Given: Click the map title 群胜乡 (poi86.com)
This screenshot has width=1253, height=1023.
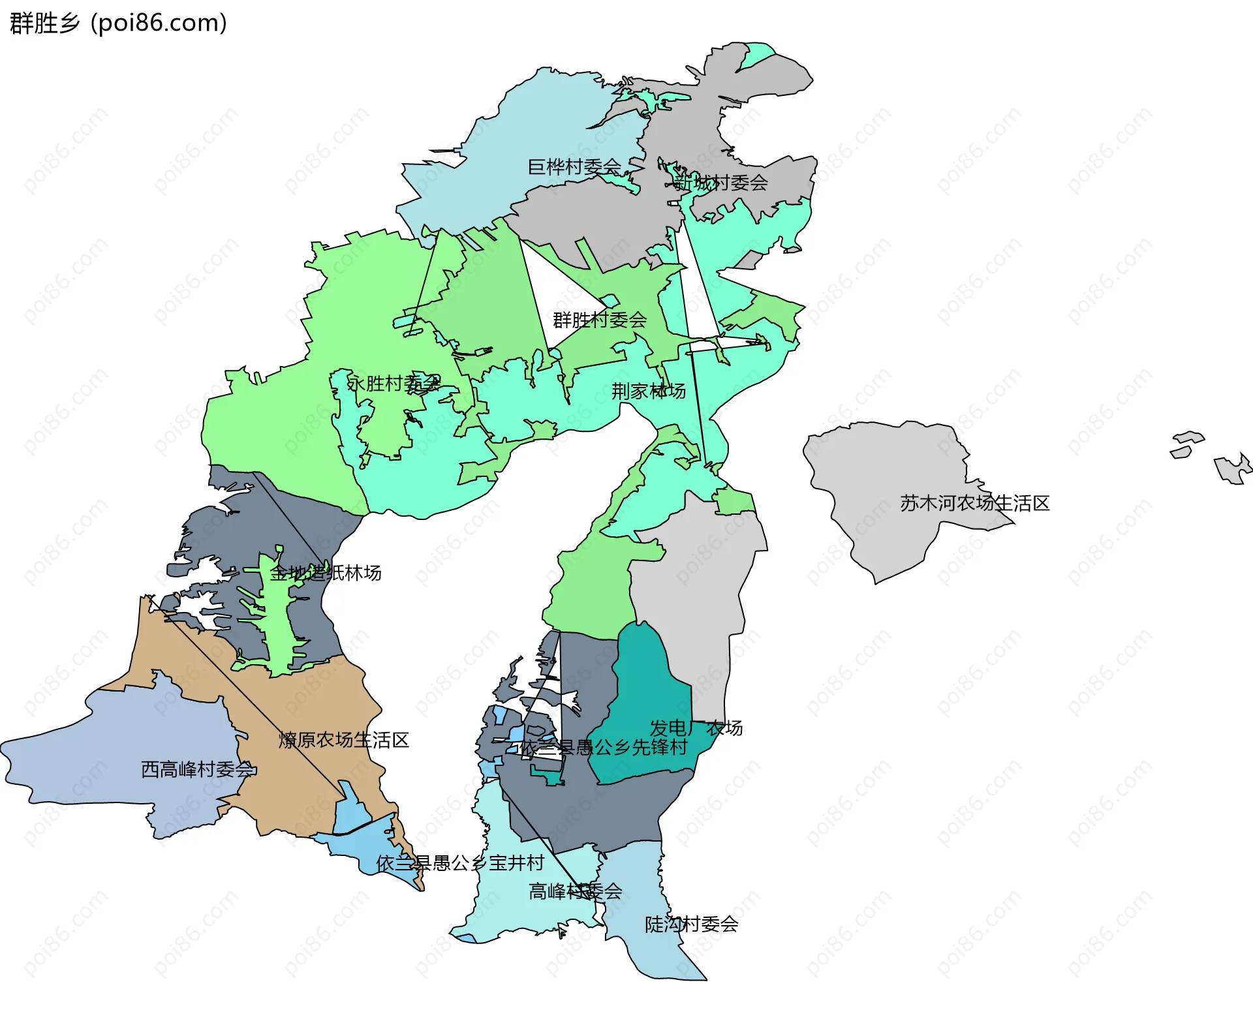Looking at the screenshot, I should pyautogui.click(x=118, y=23).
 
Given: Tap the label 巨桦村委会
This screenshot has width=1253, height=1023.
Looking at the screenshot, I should pyautogui.click(x=574, y=167).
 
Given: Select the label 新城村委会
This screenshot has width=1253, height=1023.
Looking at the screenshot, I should pyautogui.click(x=720, y=183).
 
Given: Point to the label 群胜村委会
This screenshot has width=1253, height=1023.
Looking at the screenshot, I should pyautogui.click(x=600, y=320).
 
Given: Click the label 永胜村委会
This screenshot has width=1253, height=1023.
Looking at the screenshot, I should pyautogui.click(x=394, y=384).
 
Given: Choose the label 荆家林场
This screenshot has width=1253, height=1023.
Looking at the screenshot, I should pyautogui.click(x=649, y=391).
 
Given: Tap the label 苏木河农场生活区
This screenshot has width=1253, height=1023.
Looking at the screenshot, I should pyautogui.click(x=975, y=503).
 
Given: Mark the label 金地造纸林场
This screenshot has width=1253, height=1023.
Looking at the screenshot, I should pyautogui.click(x=326, y=573).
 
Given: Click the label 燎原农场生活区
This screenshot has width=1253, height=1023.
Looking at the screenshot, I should pyautogui.click(x=344, y=740).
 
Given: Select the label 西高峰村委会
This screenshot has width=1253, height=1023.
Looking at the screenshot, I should pyautogui.click(x=198, y=770).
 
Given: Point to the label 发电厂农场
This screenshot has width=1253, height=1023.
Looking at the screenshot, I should pyautogui.click(x=696, y=727).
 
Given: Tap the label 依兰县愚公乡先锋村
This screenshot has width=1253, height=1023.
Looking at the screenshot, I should pyautogui.click(x=604, y=747).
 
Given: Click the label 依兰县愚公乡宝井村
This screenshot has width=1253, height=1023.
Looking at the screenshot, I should pyautogui.click(x=461, y=863).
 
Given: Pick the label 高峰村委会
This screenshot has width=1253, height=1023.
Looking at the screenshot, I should pyautogui.click(x=575, y=891).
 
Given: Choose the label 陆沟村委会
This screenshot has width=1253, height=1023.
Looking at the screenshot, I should pyautogui.click(x=691, y=924).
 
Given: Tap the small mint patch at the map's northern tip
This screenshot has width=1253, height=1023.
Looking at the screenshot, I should pyautogui.click(x=757, y=53).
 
